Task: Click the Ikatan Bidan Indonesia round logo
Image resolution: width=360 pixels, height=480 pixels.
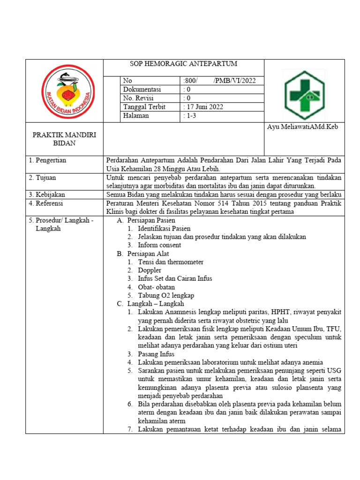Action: click(x=68, y=91)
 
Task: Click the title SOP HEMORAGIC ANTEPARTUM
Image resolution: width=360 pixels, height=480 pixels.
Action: click(x=183, y=64)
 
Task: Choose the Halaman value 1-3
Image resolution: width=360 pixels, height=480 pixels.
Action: click(x=191, y=116)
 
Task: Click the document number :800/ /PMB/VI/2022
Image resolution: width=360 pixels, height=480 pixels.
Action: click(x=218, y=81)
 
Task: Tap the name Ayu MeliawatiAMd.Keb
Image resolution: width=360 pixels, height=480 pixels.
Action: click(x=302, y=127)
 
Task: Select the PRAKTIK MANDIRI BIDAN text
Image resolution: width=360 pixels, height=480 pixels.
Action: click(x=64, y=139)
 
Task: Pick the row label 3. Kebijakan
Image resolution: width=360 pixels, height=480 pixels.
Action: click(x=47, y=195)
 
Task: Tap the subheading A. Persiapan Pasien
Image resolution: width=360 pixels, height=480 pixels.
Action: click(x=146, y=220)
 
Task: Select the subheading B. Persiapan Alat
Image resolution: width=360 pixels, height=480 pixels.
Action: click(x=143, y=254)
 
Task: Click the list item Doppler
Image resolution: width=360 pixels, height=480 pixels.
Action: click(x=150, y=270)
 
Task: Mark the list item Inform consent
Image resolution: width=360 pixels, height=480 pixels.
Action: click(x=159, y=245)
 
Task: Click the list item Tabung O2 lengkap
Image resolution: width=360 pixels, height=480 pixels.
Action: click(x=165, y=296)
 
